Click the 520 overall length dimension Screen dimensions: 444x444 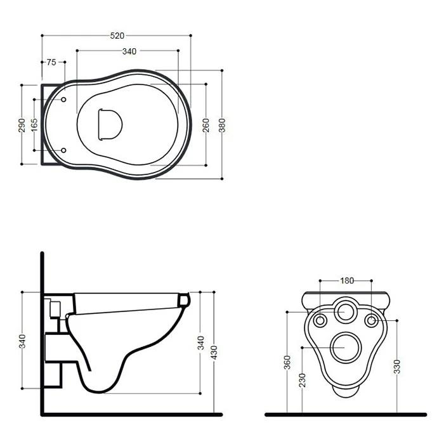117,36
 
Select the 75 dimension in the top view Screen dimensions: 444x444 51,62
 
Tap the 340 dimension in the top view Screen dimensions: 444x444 129,51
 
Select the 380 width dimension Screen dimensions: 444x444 222,124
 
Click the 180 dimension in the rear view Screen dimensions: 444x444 346,280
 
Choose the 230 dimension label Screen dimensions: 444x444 303,380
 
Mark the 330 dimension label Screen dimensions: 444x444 398,366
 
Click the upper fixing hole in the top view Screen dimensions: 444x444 65,100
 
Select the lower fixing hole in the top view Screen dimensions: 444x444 65,150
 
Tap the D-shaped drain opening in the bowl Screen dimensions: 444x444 109,123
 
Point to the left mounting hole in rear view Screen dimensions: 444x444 320,320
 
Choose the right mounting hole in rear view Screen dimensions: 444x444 374,320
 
